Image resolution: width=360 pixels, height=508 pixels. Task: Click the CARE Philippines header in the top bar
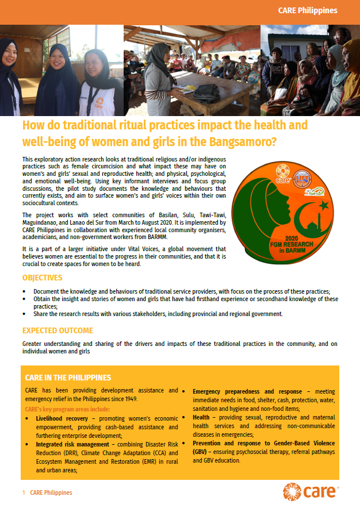pos(307,11)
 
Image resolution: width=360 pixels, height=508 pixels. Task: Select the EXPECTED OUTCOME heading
pos(58,330)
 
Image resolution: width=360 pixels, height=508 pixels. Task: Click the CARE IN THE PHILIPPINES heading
pos(68,378)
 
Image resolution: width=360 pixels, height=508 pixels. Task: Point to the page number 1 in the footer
pos(23,492)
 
